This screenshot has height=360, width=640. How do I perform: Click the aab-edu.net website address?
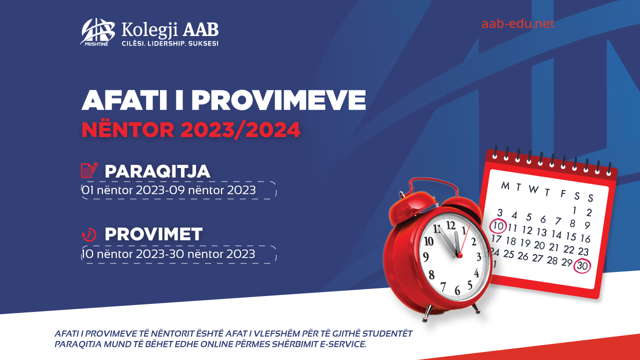click(x=517, y=23)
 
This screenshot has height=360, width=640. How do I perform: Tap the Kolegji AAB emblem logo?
click(x=97, y=32)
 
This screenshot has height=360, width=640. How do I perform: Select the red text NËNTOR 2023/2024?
click(x=191, y=130)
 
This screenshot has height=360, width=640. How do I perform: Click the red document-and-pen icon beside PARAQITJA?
click(x=89, y=170)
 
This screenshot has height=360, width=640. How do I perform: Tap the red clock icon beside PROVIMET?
click(x=89, y=234)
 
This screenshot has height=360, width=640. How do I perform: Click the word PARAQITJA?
click(x=157, y=171)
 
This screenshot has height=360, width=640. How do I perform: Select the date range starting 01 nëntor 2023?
click(x=168, y=190)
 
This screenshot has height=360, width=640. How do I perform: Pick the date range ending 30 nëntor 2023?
click(x=168, y=254)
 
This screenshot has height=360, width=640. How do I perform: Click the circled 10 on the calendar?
click(x=498, y=226)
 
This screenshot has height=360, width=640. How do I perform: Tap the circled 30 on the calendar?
click(x=582, y=265)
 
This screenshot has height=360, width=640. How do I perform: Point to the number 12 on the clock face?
click(x=451, y=225)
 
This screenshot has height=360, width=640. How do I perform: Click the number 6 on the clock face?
click(x=457, y=290)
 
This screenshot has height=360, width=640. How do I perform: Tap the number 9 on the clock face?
click(x=425, y=257)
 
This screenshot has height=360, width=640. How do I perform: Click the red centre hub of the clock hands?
click(x=459, y=255)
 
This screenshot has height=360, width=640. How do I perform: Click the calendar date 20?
click(x=539, y=245)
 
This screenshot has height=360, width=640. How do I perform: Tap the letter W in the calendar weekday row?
click(x=533, y=189)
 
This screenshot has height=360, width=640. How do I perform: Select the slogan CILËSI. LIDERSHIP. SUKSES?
click(x=170, y=43)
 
